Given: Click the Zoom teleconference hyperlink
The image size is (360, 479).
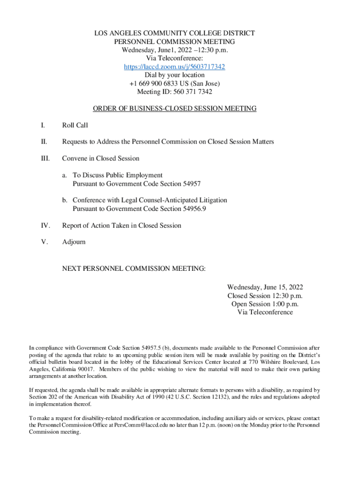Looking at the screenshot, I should click(174, 67).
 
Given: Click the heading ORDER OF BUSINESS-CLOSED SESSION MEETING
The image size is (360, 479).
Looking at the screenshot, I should click(174, 109).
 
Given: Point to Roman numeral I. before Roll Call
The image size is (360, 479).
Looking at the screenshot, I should click(43, 125).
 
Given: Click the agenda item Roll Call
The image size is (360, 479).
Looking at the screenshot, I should click(75, 125).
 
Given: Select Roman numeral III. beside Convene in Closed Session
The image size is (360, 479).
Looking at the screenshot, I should click(44, 159).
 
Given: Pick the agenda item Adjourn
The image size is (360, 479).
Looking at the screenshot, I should click(74, 242).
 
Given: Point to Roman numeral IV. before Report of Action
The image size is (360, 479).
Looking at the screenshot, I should click(45, 225).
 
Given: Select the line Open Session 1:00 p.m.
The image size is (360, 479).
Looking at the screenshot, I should click(265, 304).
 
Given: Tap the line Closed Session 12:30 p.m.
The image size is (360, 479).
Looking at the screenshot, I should click(265, 296).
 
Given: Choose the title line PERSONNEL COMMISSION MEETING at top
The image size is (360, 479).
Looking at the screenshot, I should click(174, 42).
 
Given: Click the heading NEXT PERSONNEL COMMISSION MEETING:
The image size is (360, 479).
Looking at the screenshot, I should click(134, 269).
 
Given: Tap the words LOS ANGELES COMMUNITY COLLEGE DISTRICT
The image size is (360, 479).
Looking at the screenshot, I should click(174, 33).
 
